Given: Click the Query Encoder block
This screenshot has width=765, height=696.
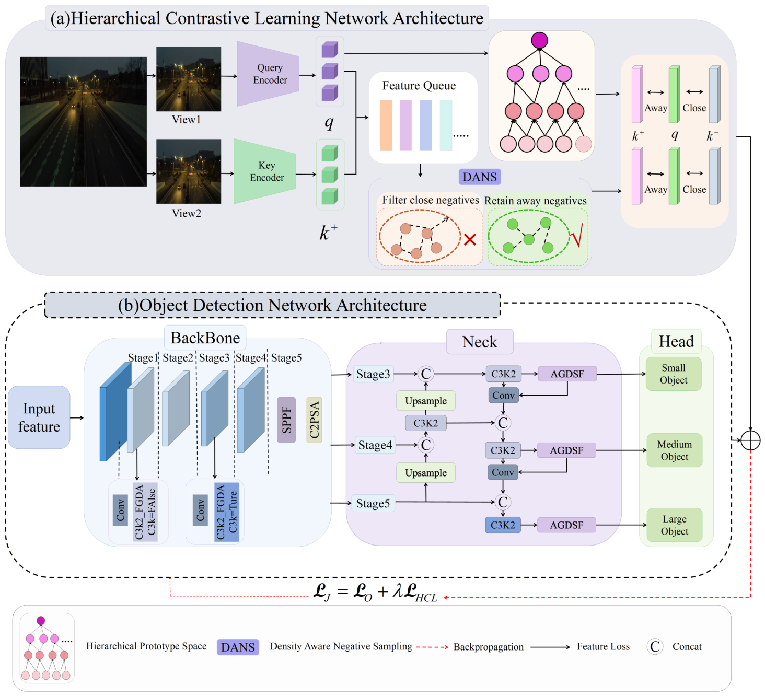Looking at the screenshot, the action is (x=268, y=74).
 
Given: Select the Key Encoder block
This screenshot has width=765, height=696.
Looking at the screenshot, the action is (x=265, y=171).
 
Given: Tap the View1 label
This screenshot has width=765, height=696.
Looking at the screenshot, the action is (x=186, y=119).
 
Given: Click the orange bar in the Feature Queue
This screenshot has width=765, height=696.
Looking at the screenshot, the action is (x=386, y=125).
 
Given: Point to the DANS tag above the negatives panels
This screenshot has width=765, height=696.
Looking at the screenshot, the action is (x=479, y=177).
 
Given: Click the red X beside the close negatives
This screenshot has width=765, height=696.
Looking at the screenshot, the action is (x=470, y=239).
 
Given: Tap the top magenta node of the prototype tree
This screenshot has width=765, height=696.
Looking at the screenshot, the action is (x=539, y=40).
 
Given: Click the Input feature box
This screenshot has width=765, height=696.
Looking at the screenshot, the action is (x=39, y=417).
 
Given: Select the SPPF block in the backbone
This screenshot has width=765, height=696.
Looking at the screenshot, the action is (x=286, y=420).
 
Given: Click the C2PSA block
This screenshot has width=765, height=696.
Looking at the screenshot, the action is (x=314, y=420).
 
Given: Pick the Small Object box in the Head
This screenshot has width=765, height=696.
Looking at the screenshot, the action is (x=674, y=374).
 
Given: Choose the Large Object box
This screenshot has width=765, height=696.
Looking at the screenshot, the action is (x=674, y=525).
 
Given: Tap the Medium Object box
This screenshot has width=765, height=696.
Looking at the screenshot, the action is (x=674, y=450).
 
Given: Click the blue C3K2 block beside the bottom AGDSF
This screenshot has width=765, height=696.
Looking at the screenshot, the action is (x=503, y=525).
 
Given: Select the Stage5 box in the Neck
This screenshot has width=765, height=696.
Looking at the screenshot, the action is (x=373, y=503).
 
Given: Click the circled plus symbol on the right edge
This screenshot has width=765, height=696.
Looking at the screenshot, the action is (x=750, y=440).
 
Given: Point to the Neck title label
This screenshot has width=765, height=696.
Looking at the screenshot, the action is (x=480, y=342).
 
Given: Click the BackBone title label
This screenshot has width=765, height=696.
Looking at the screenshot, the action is (x=205, y=338).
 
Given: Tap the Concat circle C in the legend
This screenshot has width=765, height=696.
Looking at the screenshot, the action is (x=655, y=646).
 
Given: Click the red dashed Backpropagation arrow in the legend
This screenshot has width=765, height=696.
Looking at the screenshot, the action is (x=432, y=647).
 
